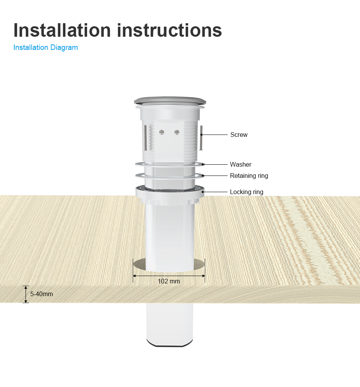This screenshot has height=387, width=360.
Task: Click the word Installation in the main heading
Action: coord(62,30)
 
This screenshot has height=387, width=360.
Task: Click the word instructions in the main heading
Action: coord(169,30)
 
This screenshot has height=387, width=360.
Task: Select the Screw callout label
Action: coord(239,135)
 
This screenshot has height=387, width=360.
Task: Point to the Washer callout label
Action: coord(240,164)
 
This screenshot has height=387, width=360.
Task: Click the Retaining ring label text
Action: coord(249,176)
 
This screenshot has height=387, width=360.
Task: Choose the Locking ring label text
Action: coord(246,192)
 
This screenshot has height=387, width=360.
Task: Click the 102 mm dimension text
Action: coord(169,281)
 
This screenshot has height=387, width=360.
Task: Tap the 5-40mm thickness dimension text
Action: coord(41,294)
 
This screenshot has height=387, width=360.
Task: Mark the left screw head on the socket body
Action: coord(161,132)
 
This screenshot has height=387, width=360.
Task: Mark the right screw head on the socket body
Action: coord(177,132)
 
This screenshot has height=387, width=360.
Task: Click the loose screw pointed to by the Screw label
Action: coord(201,138)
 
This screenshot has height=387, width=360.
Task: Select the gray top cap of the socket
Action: coord(170,101)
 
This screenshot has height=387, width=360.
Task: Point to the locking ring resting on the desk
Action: coord(170,195)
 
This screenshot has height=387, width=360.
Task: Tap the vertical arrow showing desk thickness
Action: coord(26,294)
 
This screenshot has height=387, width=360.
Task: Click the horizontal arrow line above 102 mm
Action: coord(169,276)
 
